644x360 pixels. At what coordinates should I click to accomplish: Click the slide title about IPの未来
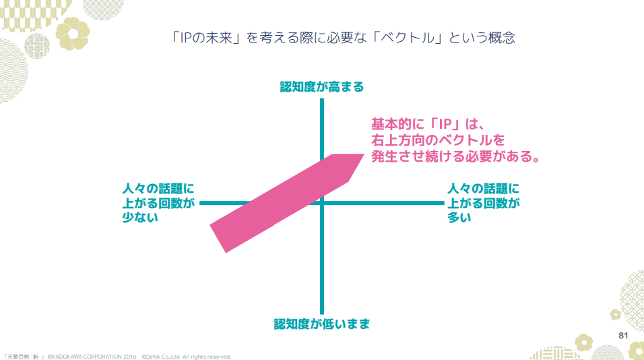344,38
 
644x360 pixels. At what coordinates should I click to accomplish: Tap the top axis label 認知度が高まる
322,87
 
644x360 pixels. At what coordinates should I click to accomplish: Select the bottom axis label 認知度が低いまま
322,324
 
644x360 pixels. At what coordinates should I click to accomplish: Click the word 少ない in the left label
139,217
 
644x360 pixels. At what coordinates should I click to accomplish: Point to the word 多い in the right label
460,217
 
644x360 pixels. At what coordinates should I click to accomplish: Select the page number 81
623,335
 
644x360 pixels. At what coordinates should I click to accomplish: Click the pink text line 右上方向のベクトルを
437,141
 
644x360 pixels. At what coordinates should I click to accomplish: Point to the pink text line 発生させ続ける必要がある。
456,158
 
